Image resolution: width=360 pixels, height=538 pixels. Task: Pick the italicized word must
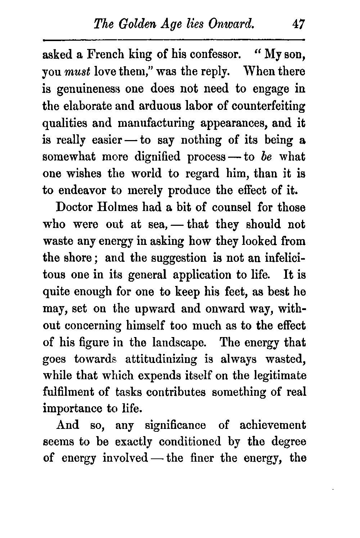click(78, 72)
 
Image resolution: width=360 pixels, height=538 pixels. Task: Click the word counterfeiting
click(269, 106)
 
